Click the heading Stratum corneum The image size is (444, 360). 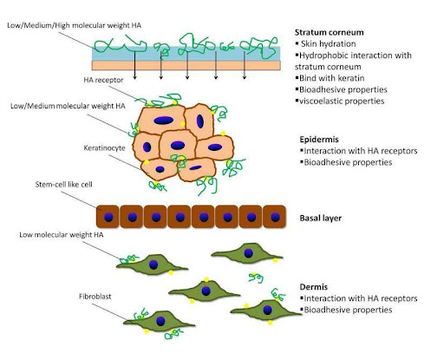pos(329,32)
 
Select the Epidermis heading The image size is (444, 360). pos(319,140)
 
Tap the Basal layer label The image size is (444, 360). pos(321,218)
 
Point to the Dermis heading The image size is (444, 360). pos(314,287)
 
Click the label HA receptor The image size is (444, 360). pos(103,80)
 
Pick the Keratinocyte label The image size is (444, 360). pos(104,148)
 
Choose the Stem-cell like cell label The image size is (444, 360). pos(63,185)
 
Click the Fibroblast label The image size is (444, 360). pos(95,297)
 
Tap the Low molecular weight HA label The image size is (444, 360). pos(62,235)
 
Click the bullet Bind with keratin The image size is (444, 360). pos(331,78)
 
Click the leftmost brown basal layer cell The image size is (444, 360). pos(108,217)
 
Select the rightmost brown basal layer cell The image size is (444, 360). pos(275,217)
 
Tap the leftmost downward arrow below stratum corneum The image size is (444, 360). pos(134,64)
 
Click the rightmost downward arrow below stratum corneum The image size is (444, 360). pos(245,65)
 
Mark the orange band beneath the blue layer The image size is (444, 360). pos(186,65)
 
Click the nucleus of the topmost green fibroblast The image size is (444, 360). pos(248,253)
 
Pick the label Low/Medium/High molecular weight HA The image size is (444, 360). pos(75,25)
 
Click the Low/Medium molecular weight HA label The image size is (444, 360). pos(68,106)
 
